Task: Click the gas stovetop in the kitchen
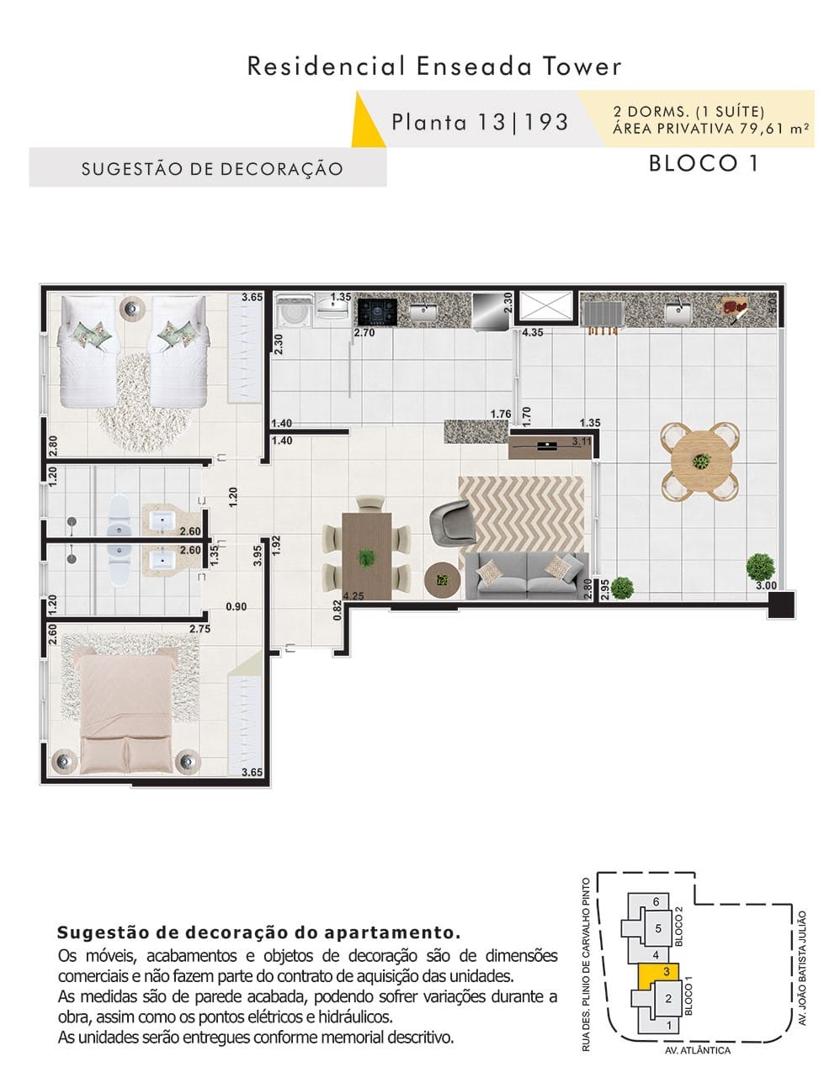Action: (x=377, y=311)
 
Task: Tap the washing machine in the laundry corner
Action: (x=295, y=311)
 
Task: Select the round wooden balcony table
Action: (x=700, y=461)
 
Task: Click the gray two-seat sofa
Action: (x=527, y=576)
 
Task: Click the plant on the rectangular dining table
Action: (x=366, y=558)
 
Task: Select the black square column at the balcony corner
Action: (x=781, y=604)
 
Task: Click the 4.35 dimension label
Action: (x=533, y=332)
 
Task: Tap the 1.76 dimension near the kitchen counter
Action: (x=501, y=414)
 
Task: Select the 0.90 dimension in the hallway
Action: (x=236, y=606)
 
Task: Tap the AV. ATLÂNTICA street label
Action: (x=697, y=1050)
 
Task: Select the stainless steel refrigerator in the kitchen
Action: (x=491, y=311)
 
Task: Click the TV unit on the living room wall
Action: (x=550, y=446)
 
